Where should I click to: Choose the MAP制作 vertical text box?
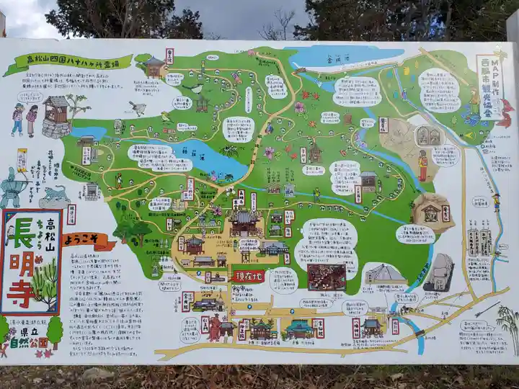click(490, 86)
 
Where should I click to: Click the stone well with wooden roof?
click(56, 117)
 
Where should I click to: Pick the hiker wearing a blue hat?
click(17, 119)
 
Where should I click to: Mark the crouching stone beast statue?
click(55, 196)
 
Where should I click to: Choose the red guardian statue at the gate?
click(215, 328)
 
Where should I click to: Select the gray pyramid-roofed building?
click(386, 275)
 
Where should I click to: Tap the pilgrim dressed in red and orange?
click(423, 165)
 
